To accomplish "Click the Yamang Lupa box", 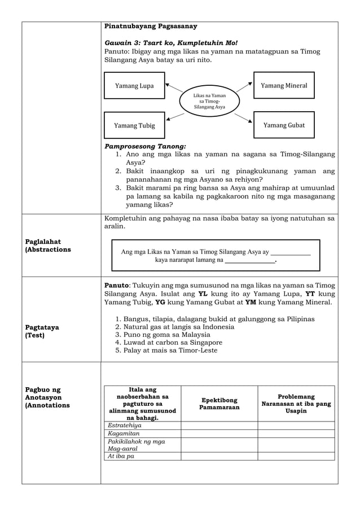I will coord(134,86).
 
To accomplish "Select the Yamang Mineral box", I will coord(284,85).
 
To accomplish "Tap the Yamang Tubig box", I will coord(134,125).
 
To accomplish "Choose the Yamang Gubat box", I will coord(284,125).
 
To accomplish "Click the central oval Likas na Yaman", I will coord(209,101).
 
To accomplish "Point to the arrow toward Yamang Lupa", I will coord(174,87).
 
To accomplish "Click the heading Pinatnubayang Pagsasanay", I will coord(151,26).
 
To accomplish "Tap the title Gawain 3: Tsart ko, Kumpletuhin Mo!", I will coord(171,43).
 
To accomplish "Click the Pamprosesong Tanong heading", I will coord(145,146).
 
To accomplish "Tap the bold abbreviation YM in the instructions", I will coord(251,302).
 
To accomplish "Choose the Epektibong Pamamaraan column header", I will coord(219,403).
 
